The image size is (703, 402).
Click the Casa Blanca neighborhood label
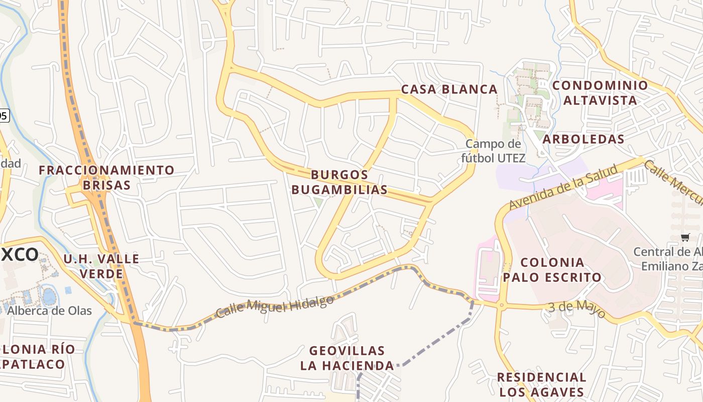pyautogui.click(x=449, y=89)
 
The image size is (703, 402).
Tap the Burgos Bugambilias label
pyautogui.click(x=339, y=182)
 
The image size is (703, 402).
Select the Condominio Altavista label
pyautogui.click(x=600, y=92)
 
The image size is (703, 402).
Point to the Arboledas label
pyautogui.click(x=583, y=139)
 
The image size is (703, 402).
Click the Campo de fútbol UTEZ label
pyautogui.click(x=493, y=151)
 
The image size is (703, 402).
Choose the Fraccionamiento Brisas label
pyautogui.click(x=106, y=177)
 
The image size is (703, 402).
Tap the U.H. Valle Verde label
pyautogui.click(x=101, y=266)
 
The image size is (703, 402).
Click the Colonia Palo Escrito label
pyautogui.click(x=552, y=269)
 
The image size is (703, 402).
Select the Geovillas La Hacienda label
pyautogui.click(x=347, y=358)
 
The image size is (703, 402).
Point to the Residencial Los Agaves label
pyautogui.click(x=541, y=384)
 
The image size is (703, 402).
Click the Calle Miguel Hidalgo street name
pyautogui.click(x=275, y=307)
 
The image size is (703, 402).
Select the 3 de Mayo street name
pyautogui.click(x=576, y=308)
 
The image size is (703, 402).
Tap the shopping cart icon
pyautogui.click(x=685, y=237)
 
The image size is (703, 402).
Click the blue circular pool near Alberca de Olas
pyautogui.click(x=49, y=296)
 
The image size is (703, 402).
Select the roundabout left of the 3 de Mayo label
pyautogui.click(x=501, y=305)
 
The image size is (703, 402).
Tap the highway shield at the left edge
pyautogui.click(x=3, y=116)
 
